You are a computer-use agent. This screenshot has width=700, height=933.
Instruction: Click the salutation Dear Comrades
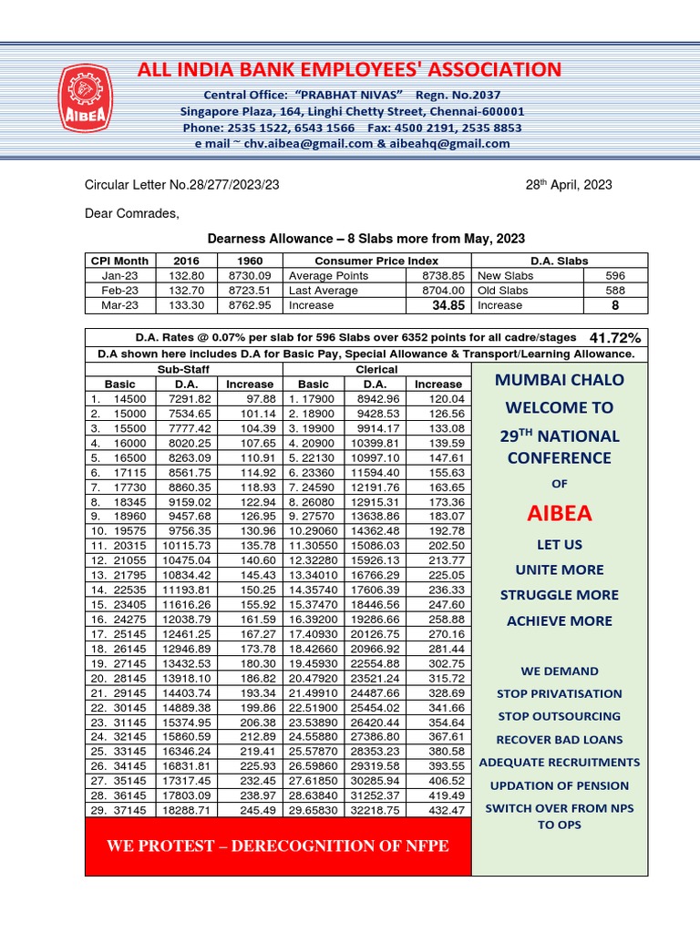click(x=132, y=214)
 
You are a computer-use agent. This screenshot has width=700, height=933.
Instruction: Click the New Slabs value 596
click(x=615, y=275)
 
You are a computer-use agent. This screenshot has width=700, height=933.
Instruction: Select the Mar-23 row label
click(x=118, y=305)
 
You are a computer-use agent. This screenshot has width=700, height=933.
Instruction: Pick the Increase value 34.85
click(x=437, y=305)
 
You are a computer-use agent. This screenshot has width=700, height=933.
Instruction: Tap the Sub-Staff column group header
click(x=184, y=369)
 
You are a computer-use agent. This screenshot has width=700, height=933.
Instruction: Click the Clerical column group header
click(x=377, y=369)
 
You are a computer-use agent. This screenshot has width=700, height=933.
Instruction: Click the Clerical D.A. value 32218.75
click(x=374, y=809)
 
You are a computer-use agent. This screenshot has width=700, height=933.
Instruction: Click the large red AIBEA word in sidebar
click(x=560, y=514)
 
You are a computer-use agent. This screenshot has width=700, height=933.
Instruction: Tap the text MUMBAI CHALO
click(x=560, y=379)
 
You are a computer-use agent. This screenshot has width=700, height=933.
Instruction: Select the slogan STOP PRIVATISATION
click(x=560, y=693)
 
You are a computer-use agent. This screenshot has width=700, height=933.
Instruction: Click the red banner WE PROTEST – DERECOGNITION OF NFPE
click(x=278, y=846)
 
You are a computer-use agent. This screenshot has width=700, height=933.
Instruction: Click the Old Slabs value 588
click(x=615, y=290)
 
